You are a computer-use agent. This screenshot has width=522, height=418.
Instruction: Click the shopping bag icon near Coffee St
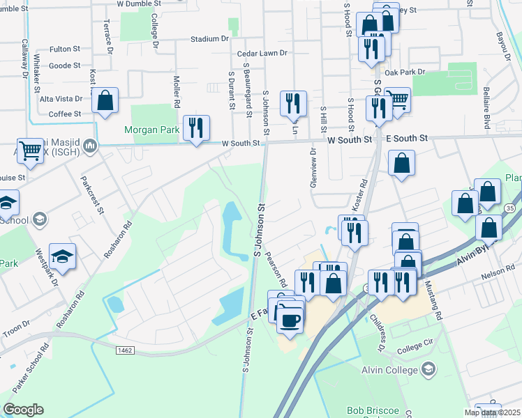click(x=105, y=101)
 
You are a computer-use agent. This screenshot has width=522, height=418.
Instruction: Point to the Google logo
click(x=23, y=410)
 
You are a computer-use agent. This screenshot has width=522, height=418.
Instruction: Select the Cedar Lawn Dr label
click(x=262, y=53)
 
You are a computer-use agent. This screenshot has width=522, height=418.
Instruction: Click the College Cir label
click(x=415, y=348)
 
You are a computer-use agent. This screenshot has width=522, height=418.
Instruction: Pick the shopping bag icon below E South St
click(x=402, y=164)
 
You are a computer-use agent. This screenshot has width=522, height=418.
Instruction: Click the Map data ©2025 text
click(x=491, y=412)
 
